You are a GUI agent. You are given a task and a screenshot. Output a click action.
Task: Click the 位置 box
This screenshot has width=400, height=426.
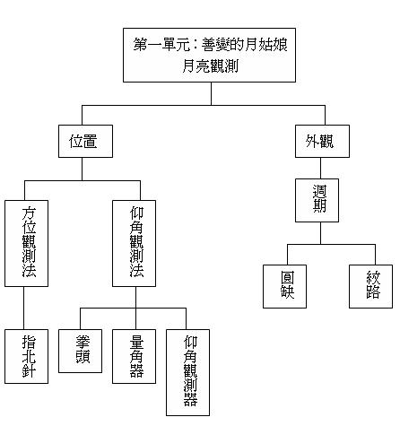tap(85, 141)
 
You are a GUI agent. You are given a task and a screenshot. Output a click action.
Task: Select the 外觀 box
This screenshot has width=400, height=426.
tap(322, 141)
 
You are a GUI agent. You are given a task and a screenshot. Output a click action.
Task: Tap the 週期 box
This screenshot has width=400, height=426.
tap(317, 200)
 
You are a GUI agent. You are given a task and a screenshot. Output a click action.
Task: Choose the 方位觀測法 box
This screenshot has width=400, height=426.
tap(26, 243)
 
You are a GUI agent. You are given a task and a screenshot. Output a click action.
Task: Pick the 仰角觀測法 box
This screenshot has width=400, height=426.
tap(134, 243)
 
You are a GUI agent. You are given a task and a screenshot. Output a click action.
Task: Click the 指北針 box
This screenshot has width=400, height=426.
tap(26, 356)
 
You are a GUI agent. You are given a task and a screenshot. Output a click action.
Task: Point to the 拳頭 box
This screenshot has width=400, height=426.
tap(80, 351)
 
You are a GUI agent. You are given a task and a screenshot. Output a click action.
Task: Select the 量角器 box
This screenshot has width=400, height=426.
tap(134, 356)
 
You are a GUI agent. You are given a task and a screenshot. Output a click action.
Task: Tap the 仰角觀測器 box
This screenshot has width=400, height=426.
tap(187, 372)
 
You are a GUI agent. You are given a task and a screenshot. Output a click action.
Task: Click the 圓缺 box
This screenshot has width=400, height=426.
tap(284, 286)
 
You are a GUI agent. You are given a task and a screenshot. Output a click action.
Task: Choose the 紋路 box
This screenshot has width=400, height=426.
tap(370, 286)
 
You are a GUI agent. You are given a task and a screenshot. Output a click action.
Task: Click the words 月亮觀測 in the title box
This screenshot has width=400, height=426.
tap(210, 65)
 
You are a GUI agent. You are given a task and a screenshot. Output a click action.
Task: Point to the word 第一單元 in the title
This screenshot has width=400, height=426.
tap(161, 45)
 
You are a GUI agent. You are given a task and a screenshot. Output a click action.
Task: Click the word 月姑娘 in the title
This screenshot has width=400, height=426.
tap(266, 45)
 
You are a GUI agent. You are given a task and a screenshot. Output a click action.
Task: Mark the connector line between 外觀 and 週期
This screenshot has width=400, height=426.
tap(321, 168)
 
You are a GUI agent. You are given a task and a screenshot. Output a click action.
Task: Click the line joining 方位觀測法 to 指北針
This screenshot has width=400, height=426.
tap(23, 309)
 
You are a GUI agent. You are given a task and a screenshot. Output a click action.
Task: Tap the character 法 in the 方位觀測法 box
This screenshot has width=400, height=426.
tap(29, 270)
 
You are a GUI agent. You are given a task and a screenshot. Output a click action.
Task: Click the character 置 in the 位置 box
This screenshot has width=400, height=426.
tap(91, 141)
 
